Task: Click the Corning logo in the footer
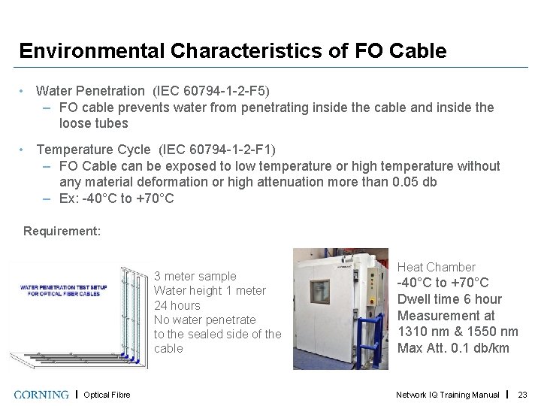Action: pos(42,394)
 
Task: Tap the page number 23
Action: pos(523,395)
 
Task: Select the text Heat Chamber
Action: pos(436,267)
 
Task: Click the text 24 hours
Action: pos(177,305)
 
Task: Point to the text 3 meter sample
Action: pos(195,276)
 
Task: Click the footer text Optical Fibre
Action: pos(107,395)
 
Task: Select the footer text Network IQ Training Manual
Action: pos(448,395)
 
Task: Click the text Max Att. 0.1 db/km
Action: pos(453,347)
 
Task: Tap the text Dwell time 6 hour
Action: pos(449,298)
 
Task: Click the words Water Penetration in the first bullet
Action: pos(92,91)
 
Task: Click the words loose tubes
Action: pos(94,123)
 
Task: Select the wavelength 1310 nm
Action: pos(422,331)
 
